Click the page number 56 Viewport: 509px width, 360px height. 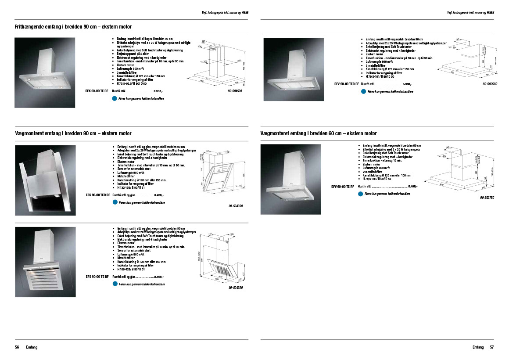coord(17,347)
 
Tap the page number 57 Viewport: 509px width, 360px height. coord(492,347)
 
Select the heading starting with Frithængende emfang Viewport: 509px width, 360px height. coord(72,27)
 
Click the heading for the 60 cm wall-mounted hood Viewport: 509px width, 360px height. coord(319,133)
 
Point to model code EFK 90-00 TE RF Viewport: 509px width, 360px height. coord(97,90)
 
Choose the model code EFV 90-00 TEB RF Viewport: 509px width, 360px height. coord(347,83)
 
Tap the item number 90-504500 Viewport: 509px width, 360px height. coord(235,91)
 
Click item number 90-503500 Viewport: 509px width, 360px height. coord(490,83)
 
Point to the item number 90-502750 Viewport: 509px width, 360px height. coord(487,198)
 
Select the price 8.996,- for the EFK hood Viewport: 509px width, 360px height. coord(158,90)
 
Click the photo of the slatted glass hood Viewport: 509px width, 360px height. coord(45,262)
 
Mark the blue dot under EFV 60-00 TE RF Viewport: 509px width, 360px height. coord(361,194)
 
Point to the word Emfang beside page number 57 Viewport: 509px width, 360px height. coord(478,347)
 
